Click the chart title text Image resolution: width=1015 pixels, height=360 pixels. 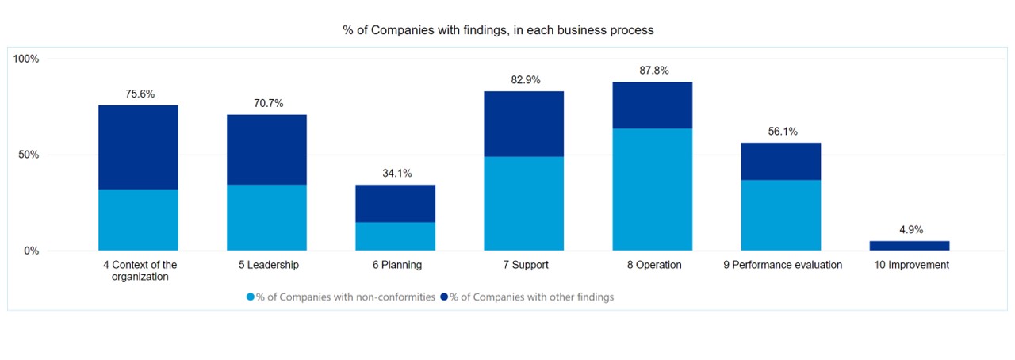click(498, 30)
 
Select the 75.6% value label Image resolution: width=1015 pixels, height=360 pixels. click(140, 94)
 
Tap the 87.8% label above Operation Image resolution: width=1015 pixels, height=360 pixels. click(654, 71)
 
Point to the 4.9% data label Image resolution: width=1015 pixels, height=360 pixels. click(911, 229)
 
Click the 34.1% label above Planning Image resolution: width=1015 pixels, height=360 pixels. click(396, 173)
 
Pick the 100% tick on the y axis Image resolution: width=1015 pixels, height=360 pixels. click(26, 59)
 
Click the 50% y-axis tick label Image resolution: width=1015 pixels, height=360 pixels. click(29, 155)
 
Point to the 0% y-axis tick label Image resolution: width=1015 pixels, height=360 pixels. click(32, 251)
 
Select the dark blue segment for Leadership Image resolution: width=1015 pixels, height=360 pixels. click(266, 149)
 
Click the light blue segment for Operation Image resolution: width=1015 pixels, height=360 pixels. click(653, 190)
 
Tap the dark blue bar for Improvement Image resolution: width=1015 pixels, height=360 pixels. click(910, 246)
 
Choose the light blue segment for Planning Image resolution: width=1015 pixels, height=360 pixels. click(395, 236)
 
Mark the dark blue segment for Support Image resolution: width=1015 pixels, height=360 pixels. click(524, 124)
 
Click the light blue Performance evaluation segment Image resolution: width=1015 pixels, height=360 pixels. click(781, 215)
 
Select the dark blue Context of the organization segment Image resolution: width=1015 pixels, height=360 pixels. click(138, 147)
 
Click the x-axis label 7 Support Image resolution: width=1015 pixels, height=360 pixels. click(524, 265)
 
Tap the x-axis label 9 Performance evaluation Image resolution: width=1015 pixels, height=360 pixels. click(782, 265)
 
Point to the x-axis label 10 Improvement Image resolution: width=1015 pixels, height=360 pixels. click(910, 265)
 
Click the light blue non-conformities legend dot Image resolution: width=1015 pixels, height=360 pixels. click(251, 297)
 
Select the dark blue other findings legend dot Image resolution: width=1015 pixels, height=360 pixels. click(444, 297)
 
